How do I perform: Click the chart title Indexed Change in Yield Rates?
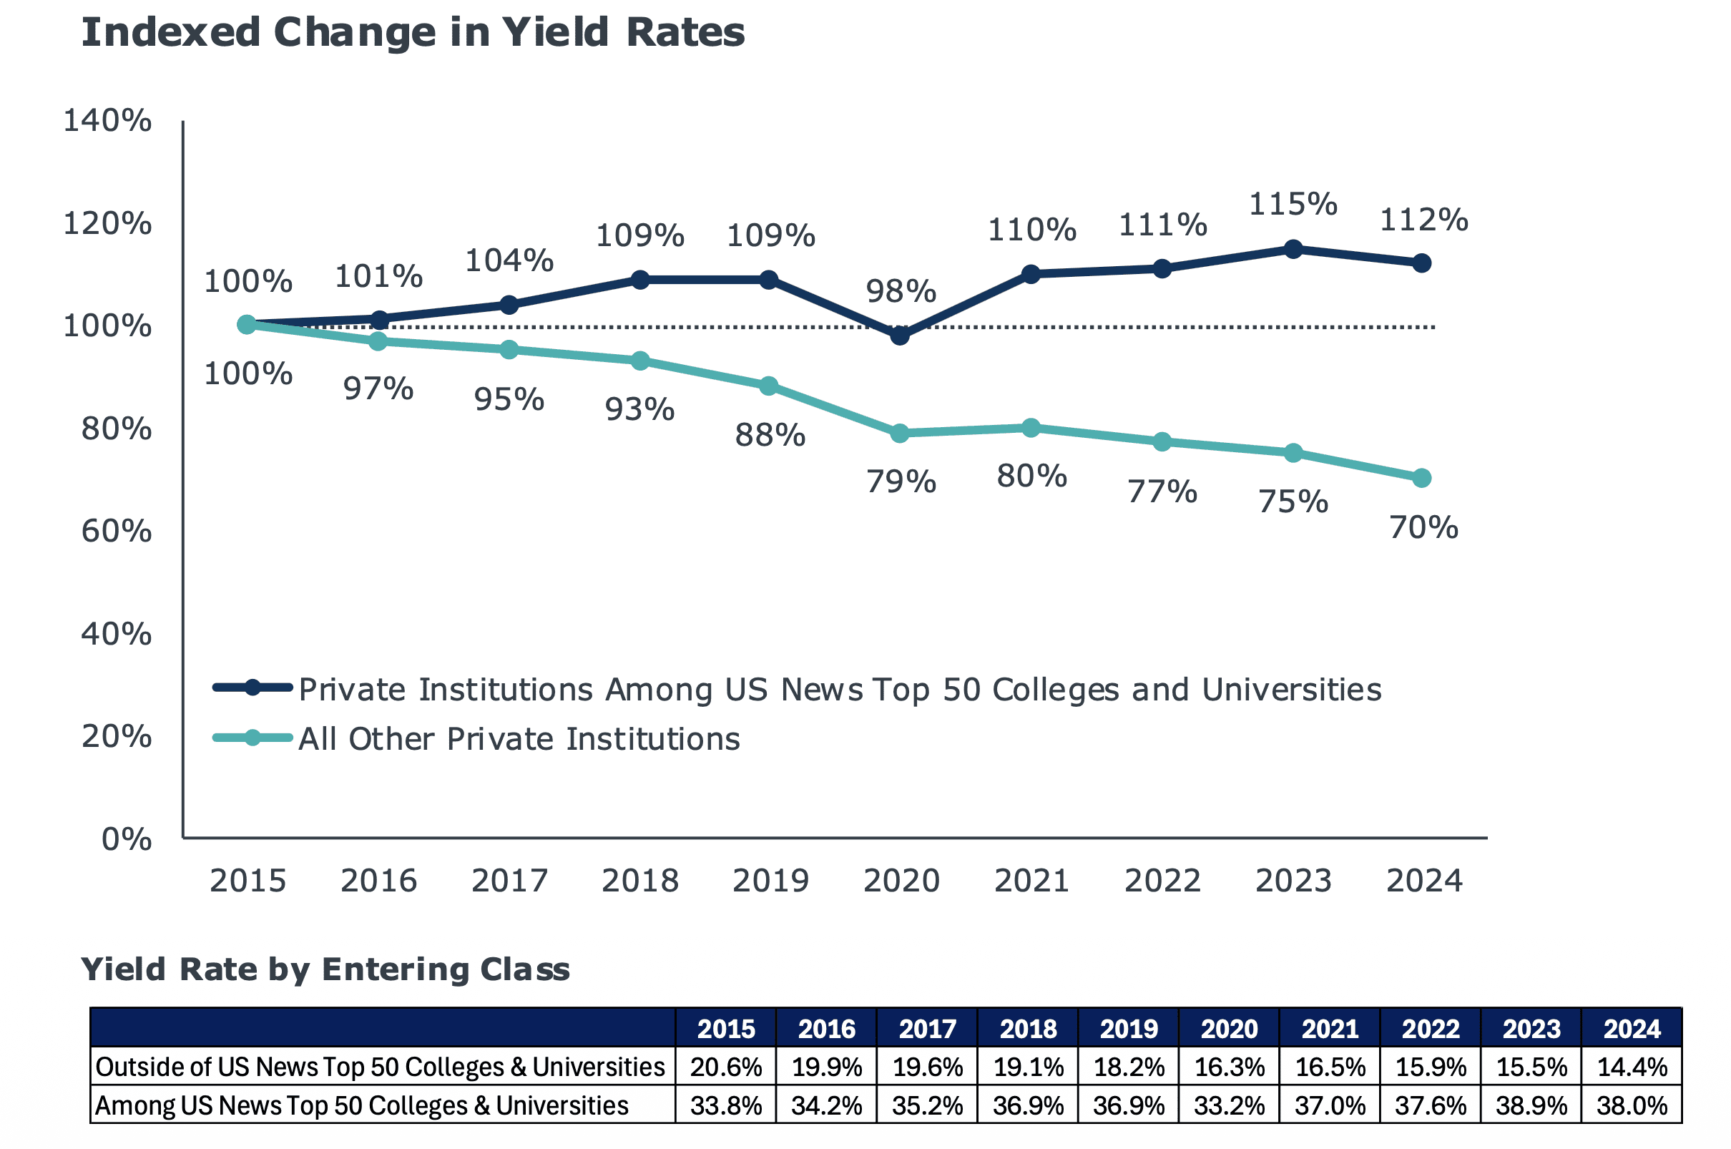click(413, 33)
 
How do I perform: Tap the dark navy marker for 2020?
click(900, 336)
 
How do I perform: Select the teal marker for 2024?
click(1421, 478)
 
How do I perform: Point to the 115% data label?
click(1293, 204)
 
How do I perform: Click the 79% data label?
click(901, 481)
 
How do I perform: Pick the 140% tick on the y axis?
click(108, 120)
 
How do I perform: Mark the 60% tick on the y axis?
click(117, 531)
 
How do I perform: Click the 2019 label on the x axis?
click(770, 880)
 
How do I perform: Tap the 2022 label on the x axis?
click(1162, 880)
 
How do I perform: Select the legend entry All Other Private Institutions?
click(519, 738)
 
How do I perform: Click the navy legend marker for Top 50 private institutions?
click(252, 688)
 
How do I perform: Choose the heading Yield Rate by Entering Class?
click(325, 969)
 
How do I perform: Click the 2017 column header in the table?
click(928, 1029)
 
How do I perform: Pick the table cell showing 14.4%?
click(1632, 1067)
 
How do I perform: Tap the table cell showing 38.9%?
click(1531, 1106)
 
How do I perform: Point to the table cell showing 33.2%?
click(1229, 1106)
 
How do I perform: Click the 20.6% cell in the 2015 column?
click(726, 1067)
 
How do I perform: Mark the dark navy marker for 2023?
click(1293, 248)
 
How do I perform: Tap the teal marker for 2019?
click(768, 386)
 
